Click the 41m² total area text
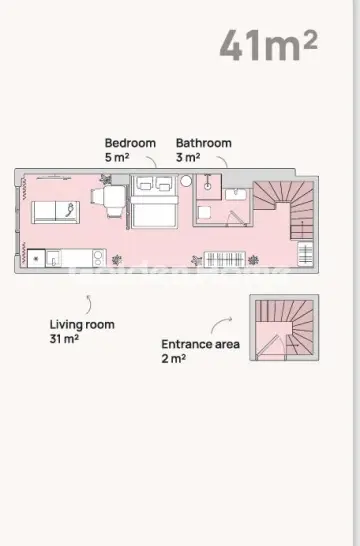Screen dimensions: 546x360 [x=255, y=44]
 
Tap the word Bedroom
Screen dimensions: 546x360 [x=130, y=143]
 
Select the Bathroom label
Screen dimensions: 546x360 [x=203, y=143]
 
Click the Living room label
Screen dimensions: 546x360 [x=82, y=324]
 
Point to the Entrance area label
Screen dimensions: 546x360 [x=200, y=344]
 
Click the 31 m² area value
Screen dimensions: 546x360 [x=65, y=339]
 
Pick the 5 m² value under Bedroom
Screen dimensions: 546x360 [x=118, y=158]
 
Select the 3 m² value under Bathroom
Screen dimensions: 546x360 [x=189, y=158]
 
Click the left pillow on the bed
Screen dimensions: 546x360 [x=143, y=185]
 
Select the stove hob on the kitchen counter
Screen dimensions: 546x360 [x=37, y=257]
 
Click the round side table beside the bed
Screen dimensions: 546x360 [x=185, y=182]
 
